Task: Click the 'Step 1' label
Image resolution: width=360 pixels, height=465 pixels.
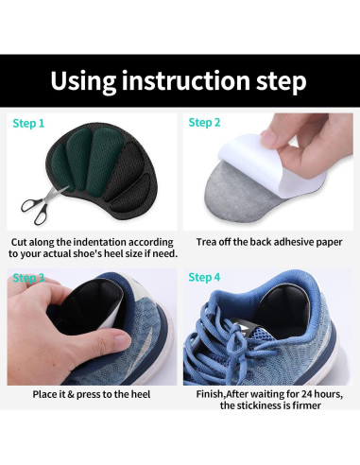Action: pos(28,124)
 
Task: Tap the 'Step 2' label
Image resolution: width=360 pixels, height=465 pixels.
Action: pos(204,123)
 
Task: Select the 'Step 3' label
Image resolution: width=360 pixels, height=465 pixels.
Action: pos(28,278)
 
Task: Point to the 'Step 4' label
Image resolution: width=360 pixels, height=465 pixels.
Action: pos(204,278)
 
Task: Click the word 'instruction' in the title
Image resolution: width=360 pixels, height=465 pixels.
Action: pos(185,80)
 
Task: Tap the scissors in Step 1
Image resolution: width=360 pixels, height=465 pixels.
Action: pos(43,204)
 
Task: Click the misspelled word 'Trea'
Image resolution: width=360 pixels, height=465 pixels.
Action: pos(206,242)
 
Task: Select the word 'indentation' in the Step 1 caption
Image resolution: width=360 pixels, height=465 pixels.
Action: pos(99,242)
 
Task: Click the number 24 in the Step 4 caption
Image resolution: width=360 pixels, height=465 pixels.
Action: pos(307,394)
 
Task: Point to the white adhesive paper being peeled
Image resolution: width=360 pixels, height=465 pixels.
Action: pos(271,164)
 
